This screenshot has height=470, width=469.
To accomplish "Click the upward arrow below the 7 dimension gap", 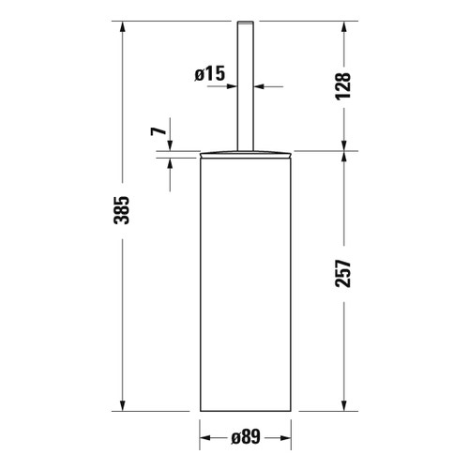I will pos(170,161).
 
